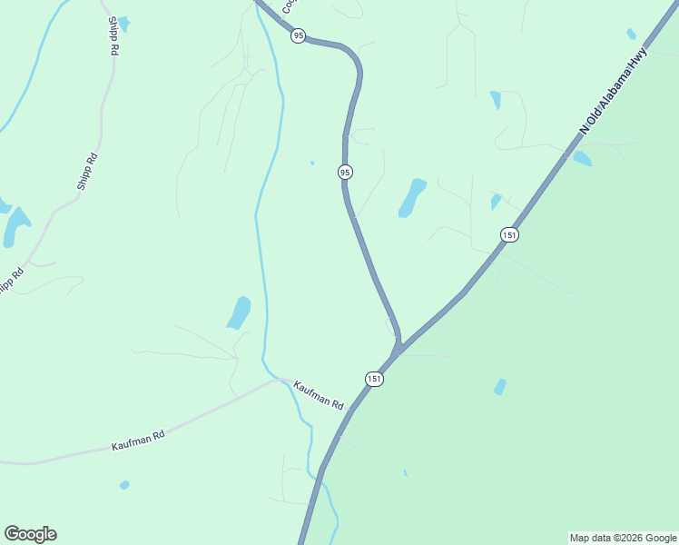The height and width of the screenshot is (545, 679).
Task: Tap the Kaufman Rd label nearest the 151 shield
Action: tap(319, 396)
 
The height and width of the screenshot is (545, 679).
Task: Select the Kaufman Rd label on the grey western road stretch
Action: tap(138, 441)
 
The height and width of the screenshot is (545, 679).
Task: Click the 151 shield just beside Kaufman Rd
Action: tap(375, 378)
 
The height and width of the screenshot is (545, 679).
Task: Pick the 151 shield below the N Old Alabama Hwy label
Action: tap(509, 234)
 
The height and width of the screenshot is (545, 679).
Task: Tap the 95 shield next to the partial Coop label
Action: tap(298, 35)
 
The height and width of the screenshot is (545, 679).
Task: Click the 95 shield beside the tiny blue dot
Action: tap(345, 172)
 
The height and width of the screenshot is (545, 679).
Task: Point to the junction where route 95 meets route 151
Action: tap(397, 351)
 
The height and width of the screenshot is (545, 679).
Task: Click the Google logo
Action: tap(30, 534)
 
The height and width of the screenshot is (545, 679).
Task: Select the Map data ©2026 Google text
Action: tap(623, 538)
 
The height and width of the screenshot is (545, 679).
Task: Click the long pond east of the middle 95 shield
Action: tap(412, 197)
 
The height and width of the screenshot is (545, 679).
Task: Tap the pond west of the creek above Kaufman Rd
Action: tap(239, 312)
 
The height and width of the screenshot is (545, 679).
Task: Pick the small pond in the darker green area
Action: tap(499, 387)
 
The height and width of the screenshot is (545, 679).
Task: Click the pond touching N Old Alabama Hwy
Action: tap(582, 158)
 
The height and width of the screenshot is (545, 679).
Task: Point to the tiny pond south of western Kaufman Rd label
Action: tap(124, 485)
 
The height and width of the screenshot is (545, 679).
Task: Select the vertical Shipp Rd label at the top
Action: tap(113, 35)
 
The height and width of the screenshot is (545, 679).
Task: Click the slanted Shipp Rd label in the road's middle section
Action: tap(87, 171)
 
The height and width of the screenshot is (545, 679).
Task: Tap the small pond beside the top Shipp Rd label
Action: tap(123, 23)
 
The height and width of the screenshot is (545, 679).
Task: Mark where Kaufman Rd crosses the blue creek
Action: tap(283, 380)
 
